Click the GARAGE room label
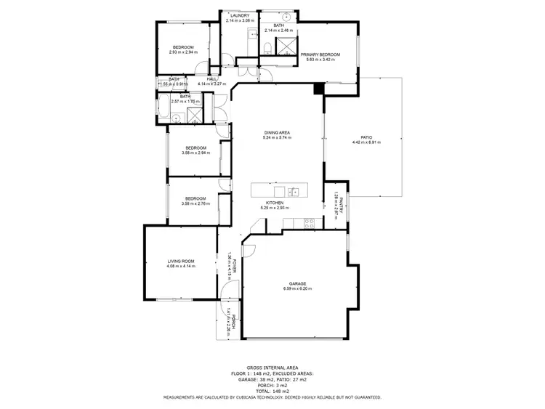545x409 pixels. pos(297,283)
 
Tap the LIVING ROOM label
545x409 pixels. pos(181,261)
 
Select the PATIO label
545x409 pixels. pos(366,137)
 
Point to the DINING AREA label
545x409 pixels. pos(277,131)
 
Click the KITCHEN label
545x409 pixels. pos(275,203)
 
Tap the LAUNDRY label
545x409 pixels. pos(239,15)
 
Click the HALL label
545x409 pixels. pos(212,79)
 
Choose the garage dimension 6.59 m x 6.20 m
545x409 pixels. pos(297,289)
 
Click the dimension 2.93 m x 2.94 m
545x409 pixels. pos(183,52)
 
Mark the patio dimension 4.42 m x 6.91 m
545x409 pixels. pos(366,142)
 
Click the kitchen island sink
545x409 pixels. pos(293,192)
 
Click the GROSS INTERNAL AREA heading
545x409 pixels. pos(272,368)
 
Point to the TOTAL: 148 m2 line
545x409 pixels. pos(272,390)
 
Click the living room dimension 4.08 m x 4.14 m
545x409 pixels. pos(181,266)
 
